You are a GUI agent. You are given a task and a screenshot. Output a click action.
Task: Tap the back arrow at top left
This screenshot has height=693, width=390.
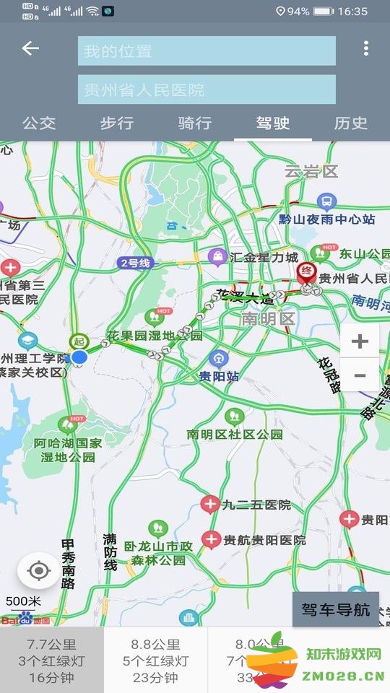(30, 48)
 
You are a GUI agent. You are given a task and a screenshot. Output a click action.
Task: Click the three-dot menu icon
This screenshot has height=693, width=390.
(366, 48)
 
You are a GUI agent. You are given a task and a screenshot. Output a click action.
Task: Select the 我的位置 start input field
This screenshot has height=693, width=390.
(207, 51)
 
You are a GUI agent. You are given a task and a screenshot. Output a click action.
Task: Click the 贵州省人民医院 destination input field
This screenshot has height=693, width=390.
(207, 90)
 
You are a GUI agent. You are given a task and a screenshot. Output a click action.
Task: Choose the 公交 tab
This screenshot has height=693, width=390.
(39, 123)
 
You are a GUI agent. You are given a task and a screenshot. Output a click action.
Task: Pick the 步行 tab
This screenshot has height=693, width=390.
(117, 123)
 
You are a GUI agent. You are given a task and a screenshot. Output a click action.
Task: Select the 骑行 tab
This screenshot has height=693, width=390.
(195, 123)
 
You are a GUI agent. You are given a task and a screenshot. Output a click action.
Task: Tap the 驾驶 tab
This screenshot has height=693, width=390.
(273, 123)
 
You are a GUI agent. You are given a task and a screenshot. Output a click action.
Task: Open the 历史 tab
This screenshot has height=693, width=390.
(351, 123)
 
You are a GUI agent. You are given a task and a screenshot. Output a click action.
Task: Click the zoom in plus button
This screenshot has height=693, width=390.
(360, 341)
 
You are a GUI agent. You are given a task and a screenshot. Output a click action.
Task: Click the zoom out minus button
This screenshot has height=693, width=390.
(360, 375)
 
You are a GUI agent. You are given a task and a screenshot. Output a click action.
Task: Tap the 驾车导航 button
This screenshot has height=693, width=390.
(336, 610)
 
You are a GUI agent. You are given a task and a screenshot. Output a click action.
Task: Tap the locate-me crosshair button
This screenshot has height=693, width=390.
(39, 572)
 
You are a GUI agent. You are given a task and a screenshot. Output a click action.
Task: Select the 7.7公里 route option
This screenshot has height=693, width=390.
(52, 661)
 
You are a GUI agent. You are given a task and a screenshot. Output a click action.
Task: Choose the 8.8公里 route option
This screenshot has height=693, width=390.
(156, 661)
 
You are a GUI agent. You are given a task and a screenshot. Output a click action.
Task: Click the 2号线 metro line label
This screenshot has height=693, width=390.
(136, 263)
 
